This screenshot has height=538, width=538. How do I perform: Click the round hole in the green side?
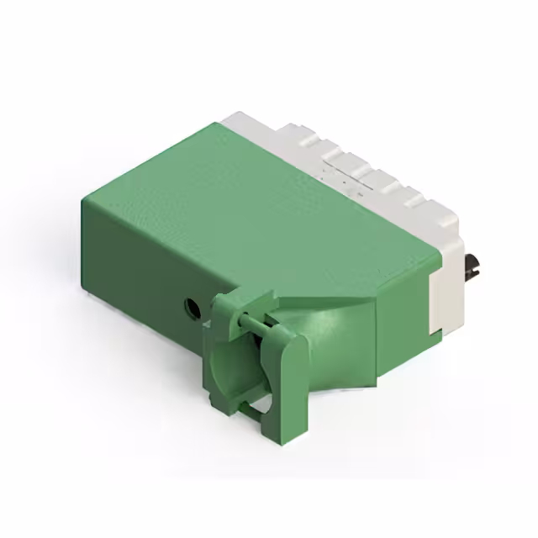(193, 309)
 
